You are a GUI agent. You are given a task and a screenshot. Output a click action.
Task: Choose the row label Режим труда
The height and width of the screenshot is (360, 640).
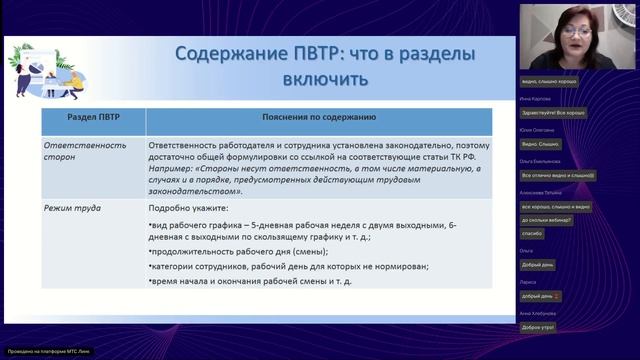point(71,208)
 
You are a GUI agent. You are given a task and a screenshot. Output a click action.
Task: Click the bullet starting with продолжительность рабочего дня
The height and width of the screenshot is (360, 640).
point(229,251)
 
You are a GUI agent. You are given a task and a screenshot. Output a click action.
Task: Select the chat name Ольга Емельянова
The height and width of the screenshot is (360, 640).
point(540,160)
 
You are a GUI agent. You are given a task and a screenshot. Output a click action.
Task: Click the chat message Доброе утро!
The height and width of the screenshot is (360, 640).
point(537,328)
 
